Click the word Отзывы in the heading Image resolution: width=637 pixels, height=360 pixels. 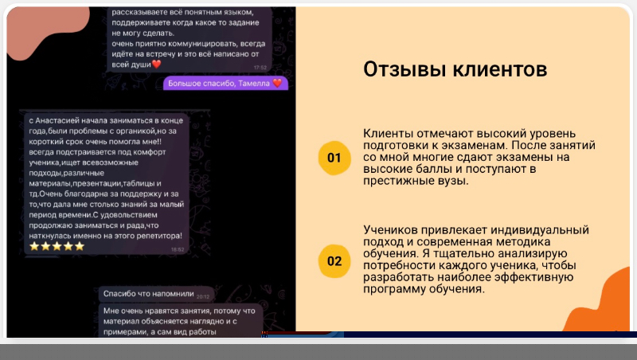[x=405, y=69]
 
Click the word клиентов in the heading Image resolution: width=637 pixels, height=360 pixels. [x=500, y=69]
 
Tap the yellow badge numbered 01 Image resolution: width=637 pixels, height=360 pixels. [x=334, y=158]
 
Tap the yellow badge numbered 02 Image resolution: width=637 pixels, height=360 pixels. [x=334, y=261]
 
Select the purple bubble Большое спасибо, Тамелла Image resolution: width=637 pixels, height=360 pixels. [x=225, y=84]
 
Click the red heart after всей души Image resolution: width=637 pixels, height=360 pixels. [x=156, y=65]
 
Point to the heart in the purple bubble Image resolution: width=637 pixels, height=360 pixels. [x=277, y=83]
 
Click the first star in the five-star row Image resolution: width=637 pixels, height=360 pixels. [x=34, y=246]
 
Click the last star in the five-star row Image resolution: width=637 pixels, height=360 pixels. [x=80, y=246]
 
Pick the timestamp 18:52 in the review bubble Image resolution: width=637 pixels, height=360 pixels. [x=178, y=249]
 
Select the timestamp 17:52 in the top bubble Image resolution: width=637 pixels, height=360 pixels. [x=260, y=68]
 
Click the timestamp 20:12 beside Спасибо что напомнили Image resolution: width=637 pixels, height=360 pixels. [x=203, y=296]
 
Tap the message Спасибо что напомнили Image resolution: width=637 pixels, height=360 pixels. [x=148, y=294]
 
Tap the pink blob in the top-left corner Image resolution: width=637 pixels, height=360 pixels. [x=45, y=30]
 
